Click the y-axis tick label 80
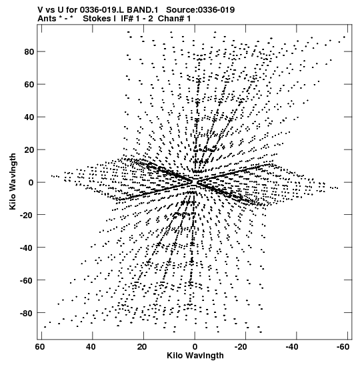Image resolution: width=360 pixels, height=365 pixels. pyautogui.click(x=29, y=51)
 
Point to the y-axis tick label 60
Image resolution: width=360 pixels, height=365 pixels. pyautogui.click(x=29, y=85)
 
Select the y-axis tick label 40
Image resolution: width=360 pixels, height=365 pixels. pyautogui.click(x=29, y=117)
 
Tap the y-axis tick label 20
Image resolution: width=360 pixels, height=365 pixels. pyautogui.click(x=29, y=150)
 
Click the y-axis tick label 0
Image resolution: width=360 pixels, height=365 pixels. pyautogui.click(x=31, y=183)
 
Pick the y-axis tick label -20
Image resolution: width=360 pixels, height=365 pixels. pyautogui.click(x=27, y=215)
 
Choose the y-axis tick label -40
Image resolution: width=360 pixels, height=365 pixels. pyautogui.click(x=27, y=248)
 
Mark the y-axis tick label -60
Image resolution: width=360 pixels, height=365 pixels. pyautogui.click(x=27, y=280)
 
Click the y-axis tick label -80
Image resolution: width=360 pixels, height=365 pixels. pyautogui.click(x=27, y=314)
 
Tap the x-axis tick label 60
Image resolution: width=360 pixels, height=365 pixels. pyautogui.click(x=40, y=347)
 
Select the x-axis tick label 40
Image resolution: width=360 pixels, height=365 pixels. pyautogui.click(x=91, y=347)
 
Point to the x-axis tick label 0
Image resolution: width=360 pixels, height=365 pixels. pyautogui.click(x=195, y=347)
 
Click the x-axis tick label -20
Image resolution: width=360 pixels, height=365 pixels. pyautogui.click(x=241, y=347)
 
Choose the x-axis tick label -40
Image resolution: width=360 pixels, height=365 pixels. pyautogui.click(x=291, y=347)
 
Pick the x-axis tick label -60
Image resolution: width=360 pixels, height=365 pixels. pyautogui.click(x=343, y=347)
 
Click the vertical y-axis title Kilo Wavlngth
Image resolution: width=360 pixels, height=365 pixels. pyautogui.click(x=13, y=181)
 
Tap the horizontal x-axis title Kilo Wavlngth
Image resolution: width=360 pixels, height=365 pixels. pyautogui.click(x=195, y=356)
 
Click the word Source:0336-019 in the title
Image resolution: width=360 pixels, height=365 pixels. pyautogui.click(x=201, y=10)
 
